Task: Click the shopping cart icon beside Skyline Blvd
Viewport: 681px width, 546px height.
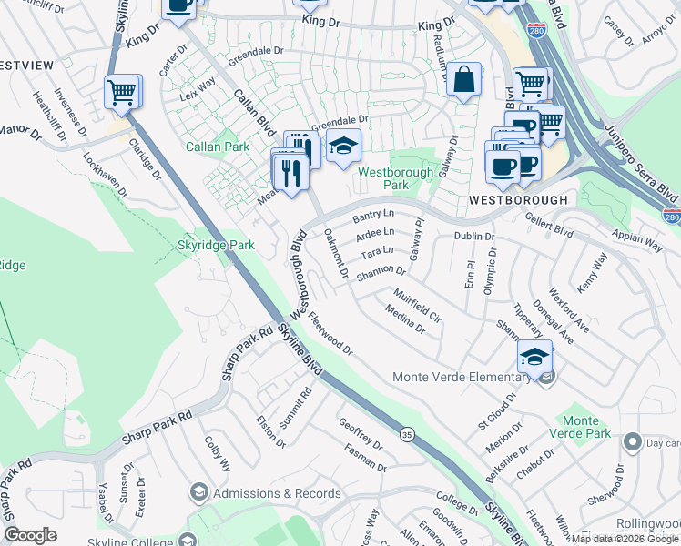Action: [x=122, y=92]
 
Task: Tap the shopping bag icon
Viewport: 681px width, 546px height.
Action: [x=464, y=79]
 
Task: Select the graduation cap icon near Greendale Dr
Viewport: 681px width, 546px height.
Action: [x=342, y=147]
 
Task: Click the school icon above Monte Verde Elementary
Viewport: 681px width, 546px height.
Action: [x=534, y=356]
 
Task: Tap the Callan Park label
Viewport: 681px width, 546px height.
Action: [x=218, y=147]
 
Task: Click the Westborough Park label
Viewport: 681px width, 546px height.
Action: [x=395, y=177]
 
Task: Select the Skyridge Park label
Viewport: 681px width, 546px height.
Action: [x=217, y=245]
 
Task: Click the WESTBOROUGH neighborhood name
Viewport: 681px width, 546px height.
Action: [x=518, y=199]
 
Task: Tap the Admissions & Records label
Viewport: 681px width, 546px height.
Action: [x=277, y=493]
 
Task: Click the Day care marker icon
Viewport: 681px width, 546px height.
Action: [x=633, y=442]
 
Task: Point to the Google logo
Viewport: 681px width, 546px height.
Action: [x=31, y=535]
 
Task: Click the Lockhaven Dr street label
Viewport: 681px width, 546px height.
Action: [x=105, y=170]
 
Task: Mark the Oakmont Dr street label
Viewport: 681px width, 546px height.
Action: [x=337, y=253]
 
